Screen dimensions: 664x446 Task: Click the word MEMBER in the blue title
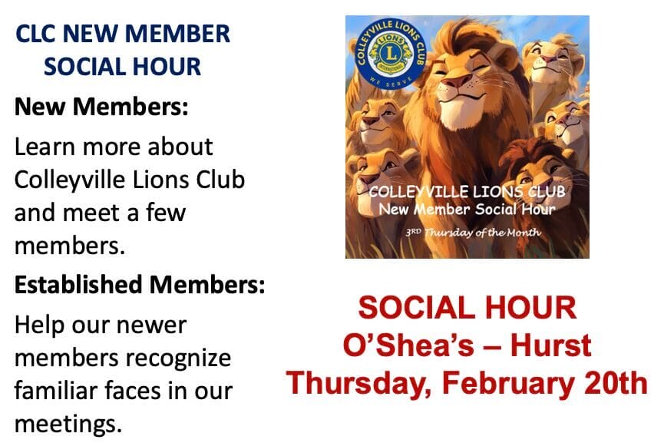click(x=177, y=34)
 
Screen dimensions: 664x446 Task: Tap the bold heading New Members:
click(x=101, y=107)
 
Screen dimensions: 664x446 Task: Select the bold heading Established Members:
click(x=140, y=284)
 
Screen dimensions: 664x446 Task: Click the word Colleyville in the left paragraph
click(x=70, y=180)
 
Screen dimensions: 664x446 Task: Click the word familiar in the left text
click(x=56, y=390)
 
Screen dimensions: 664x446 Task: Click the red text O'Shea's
click(x=408, y=345)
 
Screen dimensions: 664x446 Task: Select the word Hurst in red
click(x=550, y=345)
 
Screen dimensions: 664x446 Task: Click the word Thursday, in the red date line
click(x=359, y=383)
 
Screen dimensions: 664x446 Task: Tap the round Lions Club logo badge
click(x=390, y=54)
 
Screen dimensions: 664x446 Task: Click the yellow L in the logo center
click(x=391, y=54)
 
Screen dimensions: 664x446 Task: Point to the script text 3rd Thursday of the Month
click(x=473, y=233)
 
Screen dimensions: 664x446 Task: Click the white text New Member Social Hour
click(x=467, y=210)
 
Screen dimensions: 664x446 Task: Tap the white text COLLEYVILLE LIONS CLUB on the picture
click(x=467, y=192)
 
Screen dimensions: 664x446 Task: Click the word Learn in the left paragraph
click(x=44, y=147)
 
